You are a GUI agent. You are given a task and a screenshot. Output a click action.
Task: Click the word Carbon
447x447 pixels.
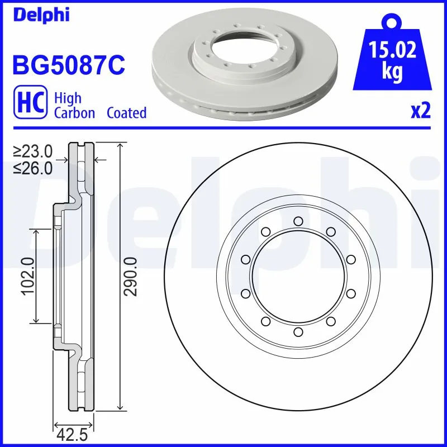click(75, 113)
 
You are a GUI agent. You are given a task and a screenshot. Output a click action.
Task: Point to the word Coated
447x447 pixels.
click(126, 113)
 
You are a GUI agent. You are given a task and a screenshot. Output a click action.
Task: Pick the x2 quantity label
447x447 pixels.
click(421, 111)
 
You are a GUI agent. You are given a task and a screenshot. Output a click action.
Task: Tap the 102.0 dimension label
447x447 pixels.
click(28, 275)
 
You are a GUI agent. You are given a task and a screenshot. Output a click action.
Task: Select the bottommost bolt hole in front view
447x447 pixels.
click(298, 332)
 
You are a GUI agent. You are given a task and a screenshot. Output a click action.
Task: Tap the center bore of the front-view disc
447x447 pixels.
click(298, 277)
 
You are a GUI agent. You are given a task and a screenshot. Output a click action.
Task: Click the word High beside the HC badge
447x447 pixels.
click(68, 98)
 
